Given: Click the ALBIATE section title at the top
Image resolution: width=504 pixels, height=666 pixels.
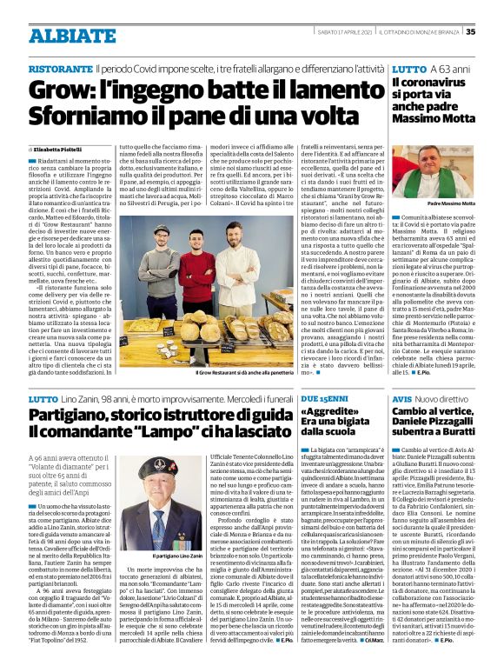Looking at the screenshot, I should click(x=60, y=35).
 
